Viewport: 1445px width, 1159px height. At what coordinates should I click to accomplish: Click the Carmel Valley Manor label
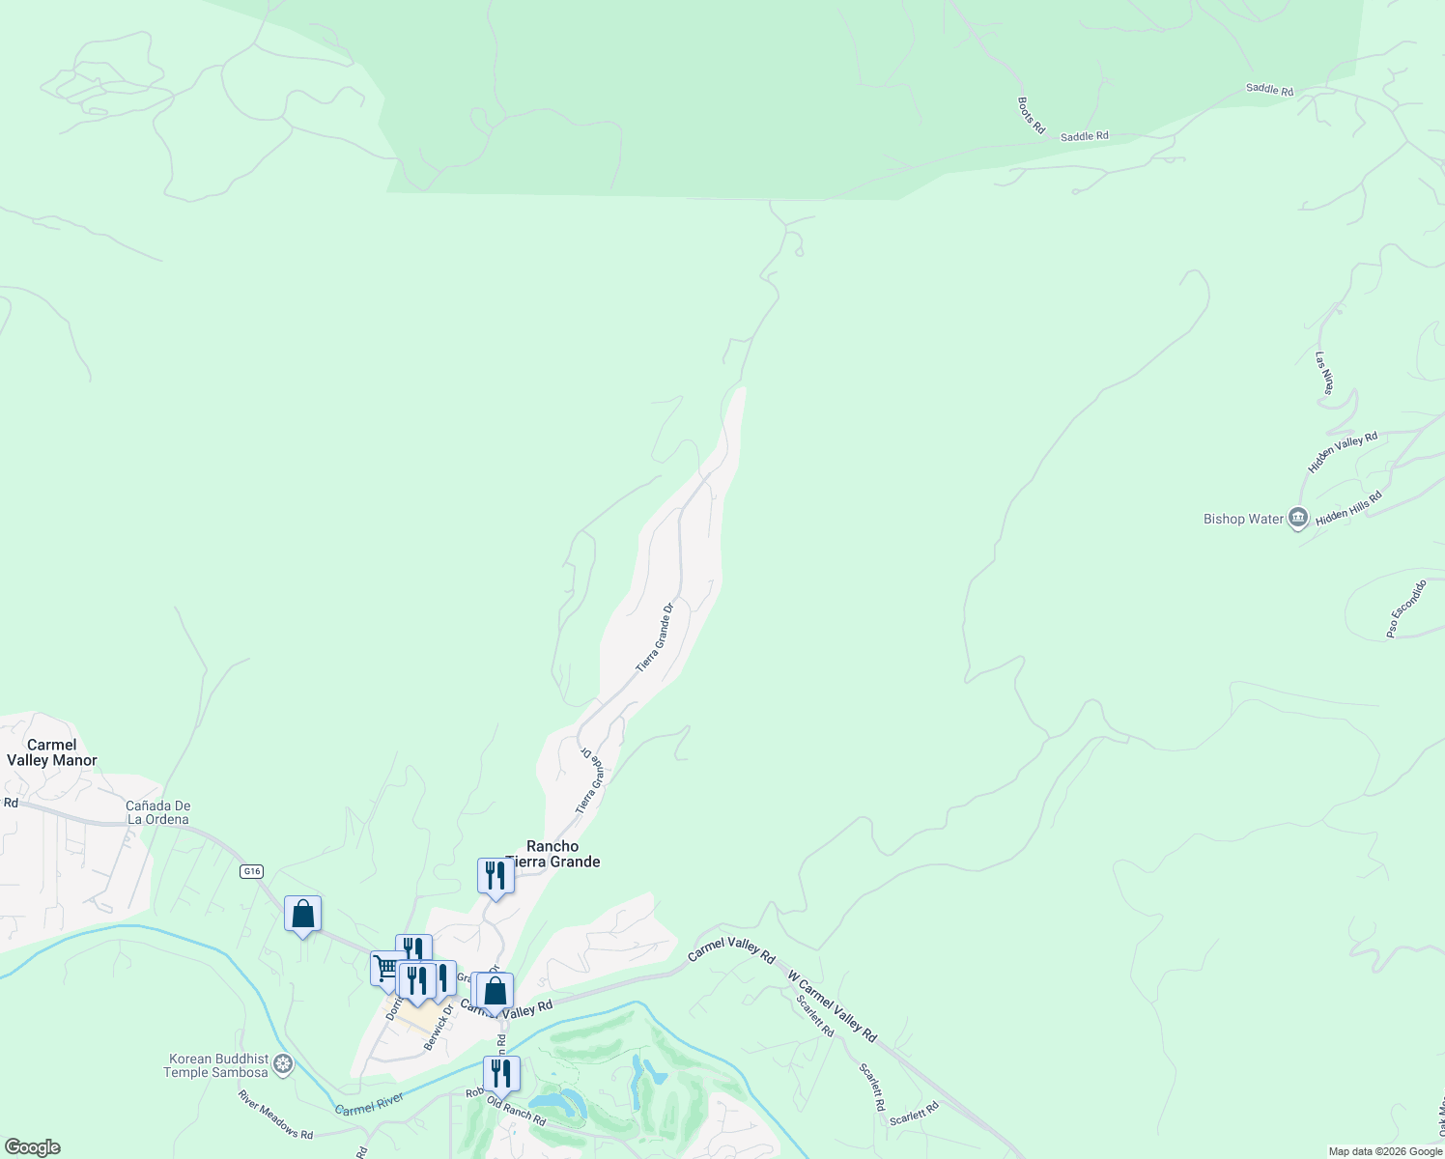(52, 752)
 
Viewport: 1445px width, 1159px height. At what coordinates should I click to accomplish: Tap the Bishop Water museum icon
(1298, 520)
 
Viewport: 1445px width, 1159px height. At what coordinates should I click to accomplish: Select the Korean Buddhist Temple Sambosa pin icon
(283, 1065)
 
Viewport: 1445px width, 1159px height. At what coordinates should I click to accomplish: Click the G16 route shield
(251, 871)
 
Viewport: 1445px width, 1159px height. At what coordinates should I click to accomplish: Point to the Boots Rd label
(1032, 115)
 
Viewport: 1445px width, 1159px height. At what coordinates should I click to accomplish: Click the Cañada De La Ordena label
(157, 812)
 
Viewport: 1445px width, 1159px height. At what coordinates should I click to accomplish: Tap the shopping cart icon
(386, 967)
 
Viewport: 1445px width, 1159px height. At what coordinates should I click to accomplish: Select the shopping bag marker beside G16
(302, 913)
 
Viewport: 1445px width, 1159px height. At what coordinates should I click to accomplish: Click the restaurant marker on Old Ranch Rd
(501, 1072)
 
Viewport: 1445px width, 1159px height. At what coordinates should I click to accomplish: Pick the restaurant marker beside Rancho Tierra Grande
(496, 875)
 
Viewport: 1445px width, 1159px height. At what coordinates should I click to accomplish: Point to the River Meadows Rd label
(276, 1114)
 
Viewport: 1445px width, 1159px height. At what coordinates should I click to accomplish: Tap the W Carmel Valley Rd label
(833, 1005)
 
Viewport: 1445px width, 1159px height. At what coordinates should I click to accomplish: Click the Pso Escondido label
(1405, 608)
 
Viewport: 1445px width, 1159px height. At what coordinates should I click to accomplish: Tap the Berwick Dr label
(439, 1031)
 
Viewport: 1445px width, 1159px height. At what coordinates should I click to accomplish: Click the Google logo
(32, 1147)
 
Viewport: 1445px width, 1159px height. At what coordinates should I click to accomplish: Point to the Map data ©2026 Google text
(1385, 1151)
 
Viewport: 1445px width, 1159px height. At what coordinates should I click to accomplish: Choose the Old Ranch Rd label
(516, 1111)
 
